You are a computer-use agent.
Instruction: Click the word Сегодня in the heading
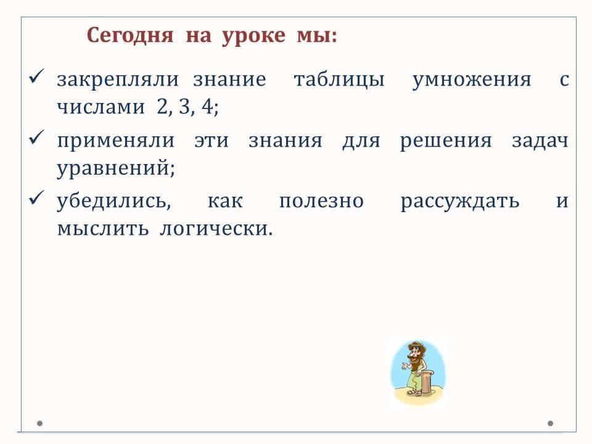click(130, 36)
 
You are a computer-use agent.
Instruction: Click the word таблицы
click(339, 80)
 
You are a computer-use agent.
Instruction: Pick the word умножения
click(472, 80)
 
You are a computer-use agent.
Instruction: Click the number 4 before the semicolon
click(208, 106)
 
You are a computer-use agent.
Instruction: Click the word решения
click(446, 141)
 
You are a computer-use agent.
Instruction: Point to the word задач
click(540, 141)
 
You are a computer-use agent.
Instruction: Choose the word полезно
click(321, 201)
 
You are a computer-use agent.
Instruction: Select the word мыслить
click(103, 229)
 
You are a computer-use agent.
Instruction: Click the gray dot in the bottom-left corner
click(39, 424)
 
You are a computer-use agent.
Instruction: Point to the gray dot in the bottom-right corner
click(551, 424)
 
